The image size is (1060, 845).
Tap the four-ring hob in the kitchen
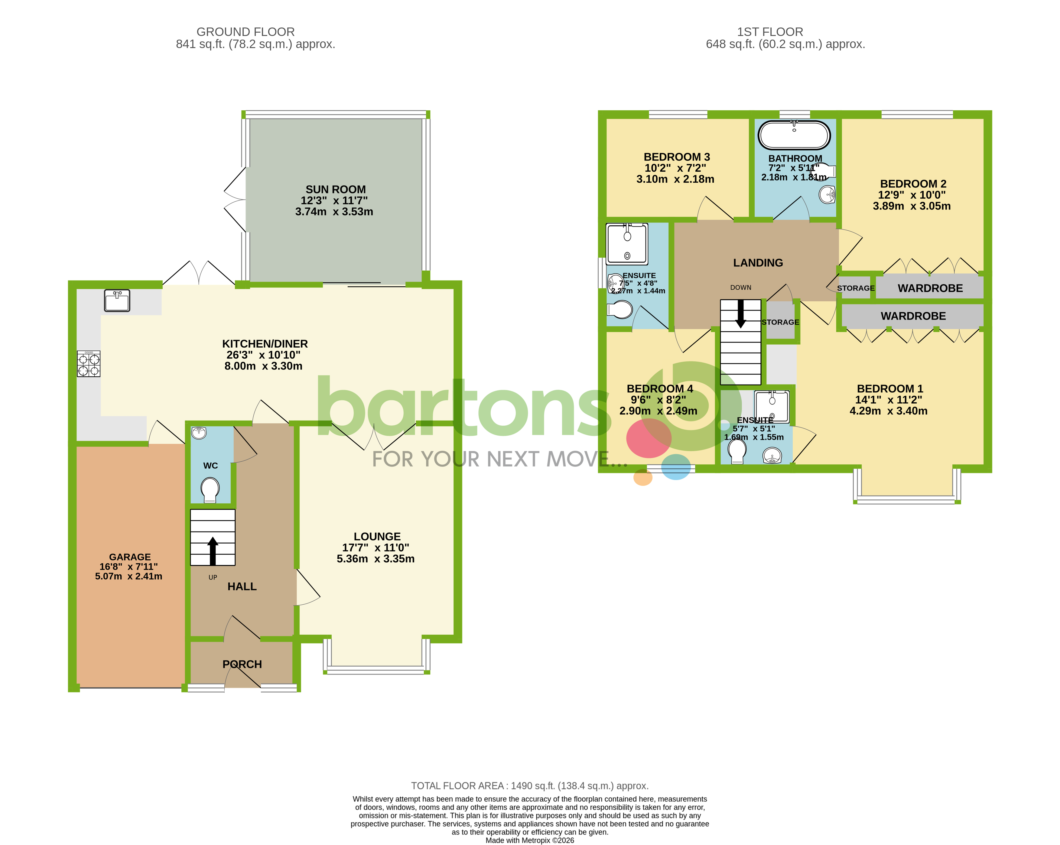click(89, 364)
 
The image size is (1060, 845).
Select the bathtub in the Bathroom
click(794, 135)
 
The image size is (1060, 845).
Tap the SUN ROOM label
click(335, 189)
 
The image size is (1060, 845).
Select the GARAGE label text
click(130, 557)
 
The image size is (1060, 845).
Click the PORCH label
click(242, 664)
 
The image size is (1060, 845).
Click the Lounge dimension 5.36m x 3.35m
click(375, 559)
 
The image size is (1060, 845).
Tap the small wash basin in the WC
click(199, 433)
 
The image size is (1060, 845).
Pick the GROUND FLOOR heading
click(245, 32)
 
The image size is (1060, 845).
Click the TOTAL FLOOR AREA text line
click(529, 785)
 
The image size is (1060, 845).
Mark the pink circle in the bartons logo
click(648, 438)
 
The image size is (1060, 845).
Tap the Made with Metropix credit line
click(529, 840)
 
